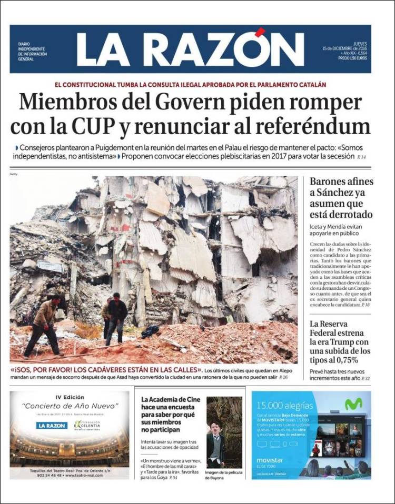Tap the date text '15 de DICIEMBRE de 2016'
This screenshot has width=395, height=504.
click(345, 48)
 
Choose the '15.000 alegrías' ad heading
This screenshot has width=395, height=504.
click(284, 406)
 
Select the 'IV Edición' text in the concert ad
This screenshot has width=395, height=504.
click(70, 397)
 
